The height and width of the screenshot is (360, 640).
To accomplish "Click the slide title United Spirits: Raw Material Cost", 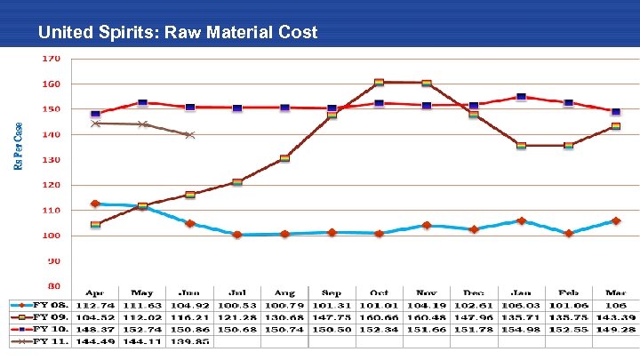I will tap(178, 33).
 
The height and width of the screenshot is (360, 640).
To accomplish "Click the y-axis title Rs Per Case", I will tap(20, 146).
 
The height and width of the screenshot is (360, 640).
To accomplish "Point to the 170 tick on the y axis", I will tap(52, 59).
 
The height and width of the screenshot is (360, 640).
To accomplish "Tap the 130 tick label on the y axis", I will tap(52, 160).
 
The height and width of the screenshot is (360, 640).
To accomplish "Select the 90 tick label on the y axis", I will tap(53, 261).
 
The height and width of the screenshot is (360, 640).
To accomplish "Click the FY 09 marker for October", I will tap(380, 83).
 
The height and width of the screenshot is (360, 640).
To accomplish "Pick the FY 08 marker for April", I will tap(95, 204).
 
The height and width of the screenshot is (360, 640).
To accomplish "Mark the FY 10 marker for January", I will tap(521, 97).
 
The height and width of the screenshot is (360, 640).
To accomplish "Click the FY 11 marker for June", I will tap(189, 135).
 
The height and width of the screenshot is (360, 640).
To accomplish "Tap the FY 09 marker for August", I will tap(284, 158).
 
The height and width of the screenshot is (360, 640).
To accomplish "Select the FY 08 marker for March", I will tap(615, 220).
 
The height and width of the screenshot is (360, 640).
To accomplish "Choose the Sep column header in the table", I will tap(332, 292).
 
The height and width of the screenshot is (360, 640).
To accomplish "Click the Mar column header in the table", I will tap(615, 292).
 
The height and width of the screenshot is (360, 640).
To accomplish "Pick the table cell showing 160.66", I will tap(380, 316).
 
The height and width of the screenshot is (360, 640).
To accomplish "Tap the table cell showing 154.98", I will tap(521, 329).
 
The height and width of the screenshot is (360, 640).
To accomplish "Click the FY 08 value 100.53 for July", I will tap(237, 304).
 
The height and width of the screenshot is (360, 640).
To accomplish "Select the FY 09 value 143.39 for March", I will tap(615, 316).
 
